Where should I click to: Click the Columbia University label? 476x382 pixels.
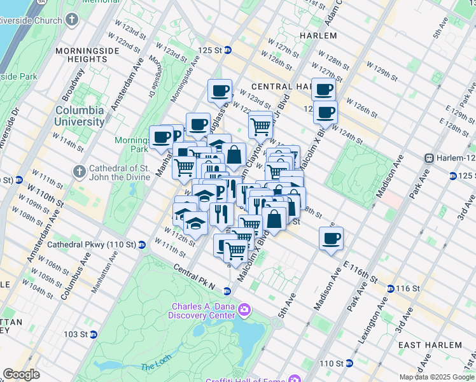(x=79, y=116)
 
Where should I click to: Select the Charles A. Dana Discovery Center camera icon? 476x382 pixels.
(x=244, y=311)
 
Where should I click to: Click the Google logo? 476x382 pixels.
(x=21, y=375)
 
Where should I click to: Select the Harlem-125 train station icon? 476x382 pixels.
(x=430, y=158)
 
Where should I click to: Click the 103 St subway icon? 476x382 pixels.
(x=93, y=334)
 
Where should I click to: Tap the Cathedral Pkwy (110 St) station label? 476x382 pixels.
(x=101, y=244)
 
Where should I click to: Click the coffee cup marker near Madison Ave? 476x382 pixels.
(x=331, y=239)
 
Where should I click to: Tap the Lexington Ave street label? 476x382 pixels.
(x=374, y=324)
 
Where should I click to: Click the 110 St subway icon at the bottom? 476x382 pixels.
(x=349, y=364)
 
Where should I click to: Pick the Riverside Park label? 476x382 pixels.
(x=18, y=76)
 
